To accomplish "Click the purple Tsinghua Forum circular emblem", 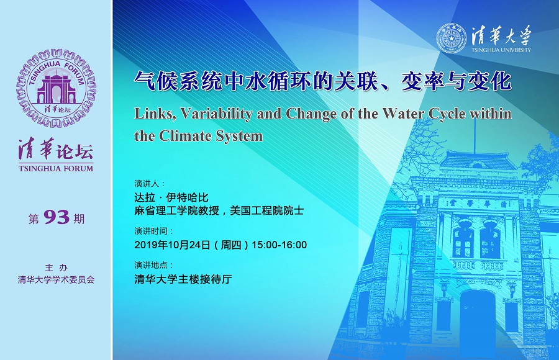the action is coord(56,88).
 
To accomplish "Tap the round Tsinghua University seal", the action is coord(452,38).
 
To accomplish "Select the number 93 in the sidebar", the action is coord(57,217).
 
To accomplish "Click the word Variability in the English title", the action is coord(217,114).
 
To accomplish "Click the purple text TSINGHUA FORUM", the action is coord(56,168).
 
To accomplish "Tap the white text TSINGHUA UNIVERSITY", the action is coord(501,50).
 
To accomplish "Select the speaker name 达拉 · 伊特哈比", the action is coord(171,197).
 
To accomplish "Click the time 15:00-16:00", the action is coord(279,245).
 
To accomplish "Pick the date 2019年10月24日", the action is coord(172,245).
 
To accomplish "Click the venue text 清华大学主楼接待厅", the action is coord(183,279).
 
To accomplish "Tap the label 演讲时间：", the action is coord(154,231).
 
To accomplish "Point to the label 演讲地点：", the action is coord(154,265).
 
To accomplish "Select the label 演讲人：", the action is coord(150,184).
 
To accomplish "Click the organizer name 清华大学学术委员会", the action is coord(57,280).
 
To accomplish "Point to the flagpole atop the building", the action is coord(475,136).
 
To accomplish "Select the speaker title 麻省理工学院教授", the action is coord(177,210).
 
